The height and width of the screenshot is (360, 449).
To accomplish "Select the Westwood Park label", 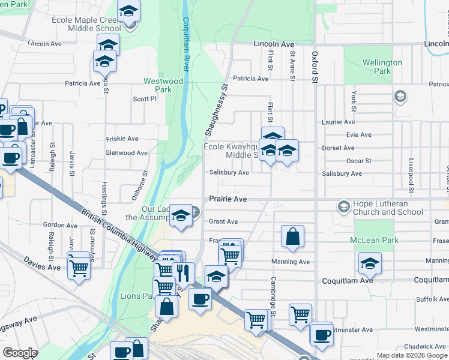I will coord(163,85).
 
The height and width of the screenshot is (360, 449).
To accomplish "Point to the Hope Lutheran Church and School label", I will coord(388,208).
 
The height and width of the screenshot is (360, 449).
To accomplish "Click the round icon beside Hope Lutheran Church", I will coord(343,207).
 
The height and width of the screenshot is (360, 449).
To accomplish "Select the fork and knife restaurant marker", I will coord(183,273).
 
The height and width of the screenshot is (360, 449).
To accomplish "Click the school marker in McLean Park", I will coord(370,263).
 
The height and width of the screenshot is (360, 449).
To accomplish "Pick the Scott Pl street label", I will coord(144,99).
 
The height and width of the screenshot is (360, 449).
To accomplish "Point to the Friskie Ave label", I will coord(122,139).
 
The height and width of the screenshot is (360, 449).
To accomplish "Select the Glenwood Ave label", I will coord(126,153).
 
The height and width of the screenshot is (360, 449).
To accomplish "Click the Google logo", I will coord(20,353).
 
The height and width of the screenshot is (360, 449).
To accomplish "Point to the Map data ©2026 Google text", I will coord(412,355).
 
